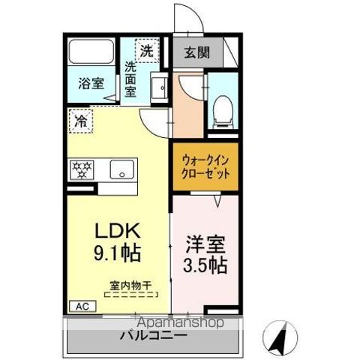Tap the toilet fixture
tap(221, 111)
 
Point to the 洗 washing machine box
tap(146, 51)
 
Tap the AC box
tap(79, 306)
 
